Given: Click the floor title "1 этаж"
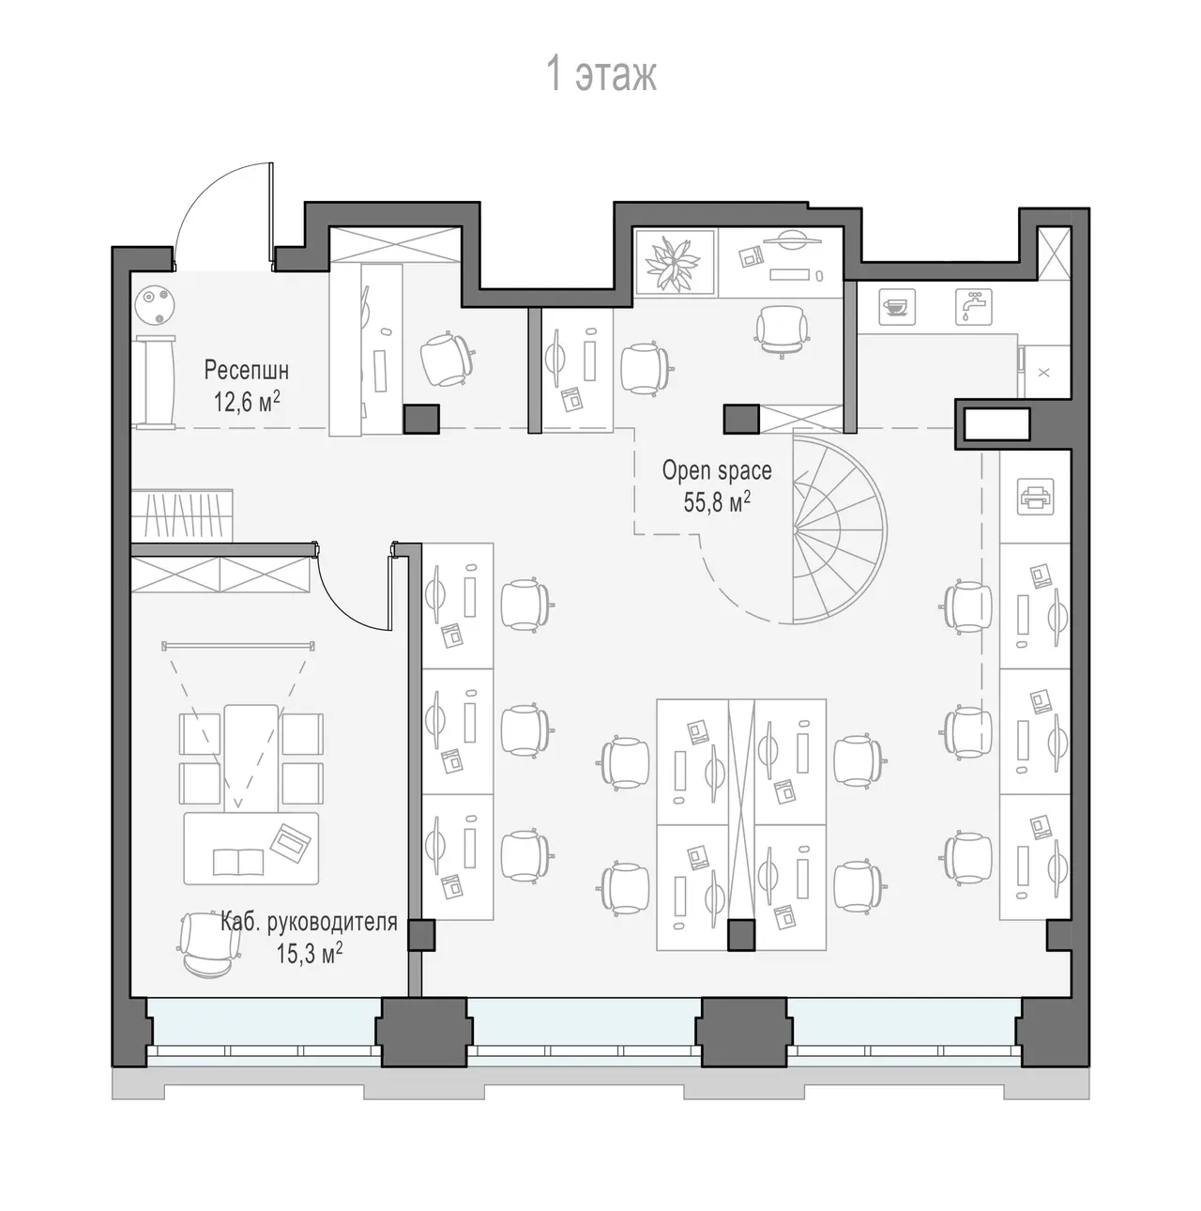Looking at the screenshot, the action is coord(601,74).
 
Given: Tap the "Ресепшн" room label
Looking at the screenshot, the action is coord(246,370).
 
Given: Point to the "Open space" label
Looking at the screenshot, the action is coord(717,471).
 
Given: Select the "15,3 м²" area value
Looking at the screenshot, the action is coord(310,955).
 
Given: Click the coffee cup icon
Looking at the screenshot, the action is coord(896,307).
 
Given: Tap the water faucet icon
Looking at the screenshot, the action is coord(973,307).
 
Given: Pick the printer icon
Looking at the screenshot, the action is coord(1035,497).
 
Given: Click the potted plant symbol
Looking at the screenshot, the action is coord(675,263).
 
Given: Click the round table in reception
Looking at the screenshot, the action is coord(155,305).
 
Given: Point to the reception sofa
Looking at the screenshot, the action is coord(153,383).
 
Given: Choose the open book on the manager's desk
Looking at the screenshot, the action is coord(238,862).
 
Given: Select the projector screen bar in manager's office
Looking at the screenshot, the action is coord(238,646).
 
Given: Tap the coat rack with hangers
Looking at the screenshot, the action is coord(182,515).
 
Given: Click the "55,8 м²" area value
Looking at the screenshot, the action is coord(717,503).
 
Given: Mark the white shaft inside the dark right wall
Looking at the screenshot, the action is coord(996,423).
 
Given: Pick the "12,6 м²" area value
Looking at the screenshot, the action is coord(246,402).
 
